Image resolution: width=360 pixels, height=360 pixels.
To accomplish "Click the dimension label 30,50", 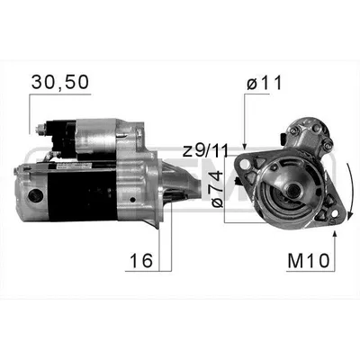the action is tap(60, 82).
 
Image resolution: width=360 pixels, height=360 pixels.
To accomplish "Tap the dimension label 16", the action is tap(141, 260).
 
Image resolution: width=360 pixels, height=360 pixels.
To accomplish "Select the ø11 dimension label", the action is tap(264, 83).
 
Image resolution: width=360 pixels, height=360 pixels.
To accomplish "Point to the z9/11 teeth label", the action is tap(205, 150).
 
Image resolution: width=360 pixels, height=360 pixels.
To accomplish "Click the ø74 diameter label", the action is tap(217, 189).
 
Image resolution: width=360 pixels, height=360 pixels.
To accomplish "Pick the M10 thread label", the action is tap(309, 261).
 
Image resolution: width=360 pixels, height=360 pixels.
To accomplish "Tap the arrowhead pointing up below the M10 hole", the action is tap(335, 235).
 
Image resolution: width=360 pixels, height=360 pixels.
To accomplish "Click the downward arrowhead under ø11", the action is tap(245, 146).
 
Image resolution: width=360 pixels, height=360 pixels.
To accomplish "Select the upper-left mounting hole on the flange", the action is tap(245, 164).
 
